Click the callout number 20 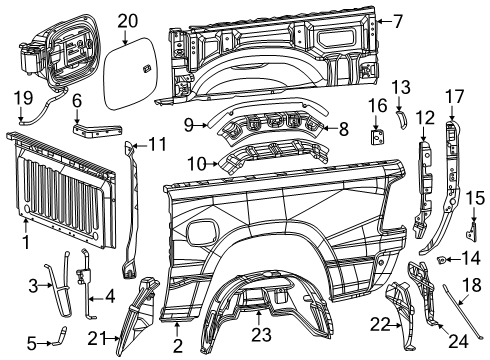click(x=127, y=20)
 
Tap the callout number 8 click(x=345, y=128)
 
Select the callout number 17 click(x=454, y=97)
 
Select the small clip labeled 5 click(x=61, y=343)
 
